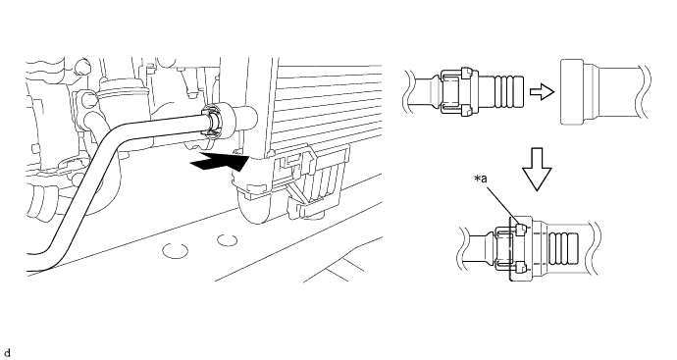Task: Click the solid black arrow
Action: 220,162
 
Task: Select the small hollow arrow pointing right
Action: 542,91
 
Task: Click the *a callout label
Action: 481,179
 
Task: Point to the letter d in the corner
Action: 7,353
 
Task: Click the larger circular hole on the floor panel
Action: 176,250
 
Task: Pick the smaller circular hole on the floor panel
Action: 227,240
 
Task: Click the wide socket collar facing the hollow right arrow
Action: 572,92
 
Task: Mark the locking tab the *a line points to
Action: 520,230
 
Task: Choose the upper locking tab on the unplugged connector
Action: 466,73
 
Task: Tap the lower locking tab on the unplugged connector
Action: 466,111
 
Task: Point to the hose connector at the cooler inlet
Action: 215,122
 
